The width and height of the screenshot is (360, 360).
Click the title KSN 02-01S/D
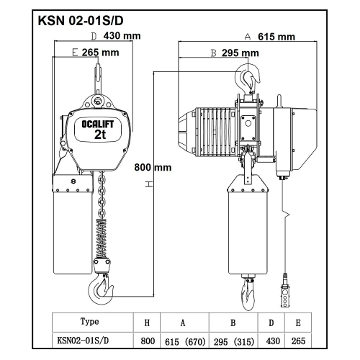click(x=81, y=21)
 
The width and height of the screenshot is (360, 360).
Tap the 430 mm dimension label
click(x=122, y=36)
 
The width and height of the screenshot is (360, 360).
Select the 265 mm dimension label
click(x=101, y=53)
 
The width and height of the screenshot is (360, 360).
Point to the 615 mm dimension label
click(x=276, y=37)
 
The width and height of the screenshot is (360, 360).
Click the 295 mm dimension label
click(x=240, y=53)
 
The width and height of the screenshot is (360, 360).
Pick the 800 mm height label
click(x=153, y=167)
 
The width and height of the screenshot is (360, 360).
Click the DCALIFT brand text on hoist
click(x=98, y=125)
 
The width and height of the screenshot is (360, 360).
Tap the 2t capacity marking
click(x=100, y=135)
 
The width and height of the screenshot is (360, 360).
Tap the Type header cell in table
click(x=89, y=321)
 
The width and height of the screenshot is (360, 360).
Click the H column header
click(x=147, y=323)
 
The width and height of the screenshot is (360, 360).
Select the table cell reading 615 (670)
click(x=185, y=341)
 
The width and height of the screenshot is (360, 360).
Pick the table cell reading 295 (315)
click(x=234, y=341)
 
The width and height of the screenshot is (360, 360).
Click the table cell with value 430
click(x=273, y=341)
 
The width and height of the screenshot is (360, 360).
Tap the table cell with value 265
click(x=298, y=341)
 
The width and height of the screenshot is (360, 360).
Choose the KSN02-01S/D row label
click(x=83, y=341)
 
